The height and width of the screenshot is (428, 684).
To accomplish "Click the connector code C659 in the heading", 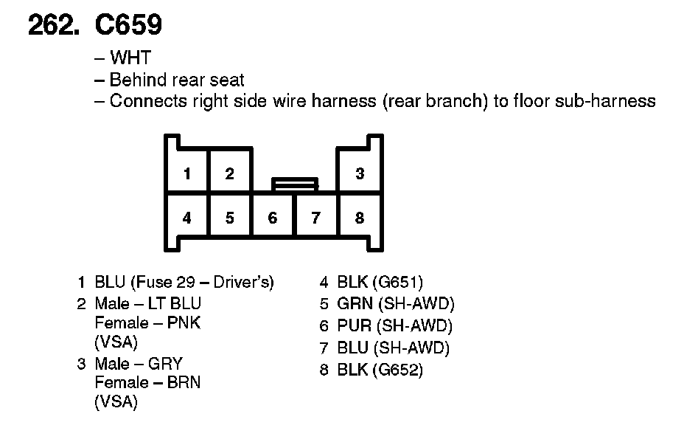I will [x=128, y=26].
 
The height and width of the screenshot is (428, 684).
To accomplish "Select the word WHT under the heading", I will [x=130, y=58].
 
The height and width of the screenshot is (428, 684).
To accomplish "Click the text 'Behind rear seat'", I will [x=176, y=80].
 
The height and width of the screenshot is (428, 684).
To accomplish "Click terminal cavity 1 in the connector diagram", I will [x=187, y=174].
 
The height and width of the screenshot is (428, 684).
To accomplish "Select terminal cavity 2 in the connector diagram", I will [x=230, y=174].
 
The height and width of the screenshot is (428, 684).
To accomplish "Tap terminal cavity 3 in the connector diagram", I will [x=360, y=174].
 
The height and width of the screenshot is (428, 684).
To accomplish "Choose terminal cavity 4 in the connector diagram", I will [x=187, y=218].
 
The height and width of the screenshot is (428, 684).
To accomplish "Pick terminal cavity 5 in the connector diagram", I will [x=230, y=218].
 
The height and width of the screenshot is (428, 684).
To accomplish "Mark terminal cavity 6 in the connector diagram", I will [x=273, y=218].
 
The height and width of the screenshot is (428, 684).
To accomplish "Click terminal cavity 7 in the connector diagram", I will [x=316, y=218].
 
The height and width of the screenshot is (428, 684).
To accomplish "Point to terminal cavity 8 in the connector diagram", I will [x=360, y=218].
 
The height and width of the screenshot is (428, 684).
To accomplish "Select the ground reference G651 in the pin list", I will [x=398, y=282].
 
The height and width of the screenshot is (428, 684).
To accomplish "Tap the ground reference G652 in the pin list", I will [x=398, y=370].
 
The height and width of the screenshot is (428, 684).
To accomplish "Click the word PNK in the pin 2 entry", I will [x=184, y=323].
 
